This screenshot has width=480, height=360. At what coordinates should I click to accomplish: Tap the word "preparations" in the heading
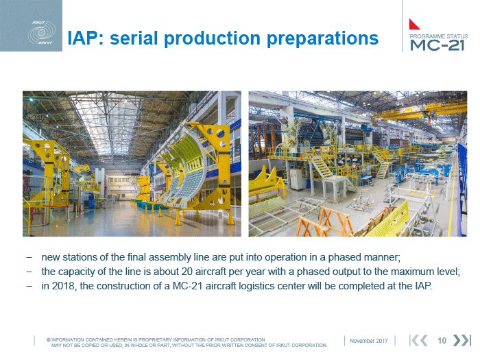pos(323,39)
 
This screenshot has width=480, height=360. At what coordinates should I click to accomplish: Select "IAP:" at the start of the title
pos(86,38)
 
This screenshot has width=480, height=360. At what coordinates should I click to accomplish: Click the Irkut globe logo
pos(42,33)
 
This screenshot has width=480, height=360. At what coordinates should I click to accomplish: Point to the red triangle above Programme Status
pos(413,25)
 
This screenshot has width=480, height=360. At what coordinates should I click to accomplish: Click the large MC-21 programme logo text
pos(437,45)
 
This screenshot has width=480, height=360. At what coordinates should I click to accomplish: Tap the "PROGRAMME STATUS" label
pos(439,36)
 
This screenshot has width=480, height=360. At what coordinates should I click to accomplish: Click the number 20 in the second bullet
pos(187,272)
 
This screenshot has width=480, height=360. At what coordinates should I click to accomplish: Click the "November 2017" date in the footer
pos(369,341)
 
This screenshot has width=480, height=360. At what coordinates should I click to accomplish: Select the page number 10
pos(442,341)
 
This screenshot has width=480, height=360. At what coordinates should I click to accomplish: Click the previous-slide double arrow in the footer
pos(418,340)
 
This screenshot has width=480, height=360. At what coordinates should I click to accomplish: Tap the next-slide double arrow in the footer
pos(461,340)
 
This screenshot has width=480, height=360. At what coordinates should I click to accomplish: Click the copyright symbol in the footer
pos(49,340)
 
